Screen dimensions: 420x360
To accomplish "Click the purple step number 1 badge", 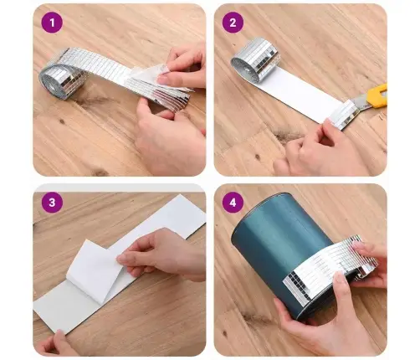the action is point(52,23).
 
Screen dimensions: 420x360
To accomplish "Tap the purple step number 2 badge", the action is point(233,23).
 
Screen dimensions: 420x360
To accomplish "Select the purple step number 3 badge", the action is point(52,203).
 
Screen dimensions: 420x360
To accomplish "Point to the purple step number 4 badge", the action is point(233,203).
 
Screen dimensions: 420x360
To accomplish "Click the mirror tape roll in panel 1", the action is point(60,80).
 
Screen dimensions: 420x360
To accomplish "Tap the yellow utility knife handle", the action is point(378,95).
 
